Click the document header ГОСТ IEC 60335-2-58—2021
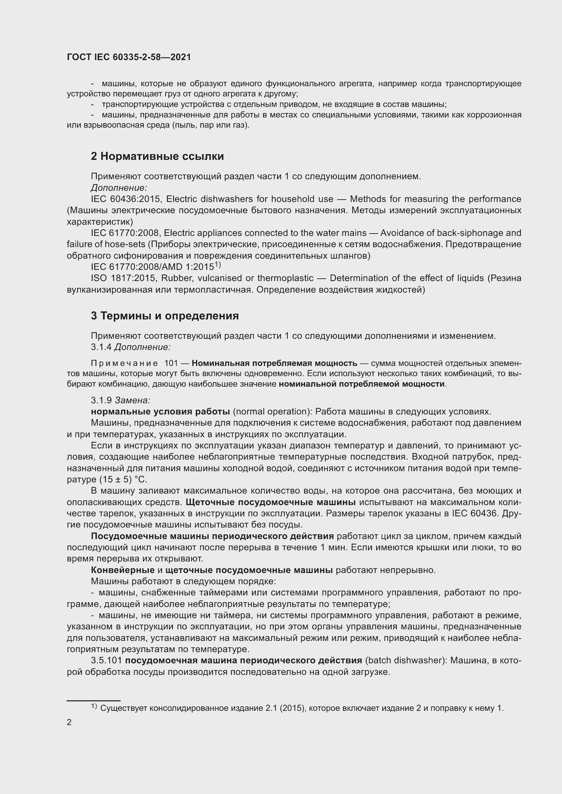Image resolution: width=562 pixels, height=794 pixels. tap(129, 57)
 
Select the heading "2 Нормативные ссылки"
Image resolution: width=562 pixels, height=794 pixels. tap(157, 156)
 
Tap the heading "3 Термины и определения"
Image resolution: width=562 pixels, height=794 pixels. tap(165, 316)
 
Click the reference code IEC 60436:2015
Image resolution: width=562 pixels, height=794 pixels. tap(125, 199)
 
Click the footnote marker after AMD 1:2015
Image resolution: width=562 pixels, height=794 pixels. tap(217, 265)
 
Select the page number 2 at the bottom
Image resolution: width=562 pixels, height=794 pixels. tap(69, 722)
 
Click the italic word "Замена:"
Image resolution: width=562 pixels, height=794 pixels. tap(133, 400)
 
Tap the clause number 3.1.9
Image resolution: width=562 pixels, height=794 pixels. tap(101, 400)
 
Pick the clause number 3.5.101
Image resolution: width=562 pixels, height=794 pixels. tap(107, 661)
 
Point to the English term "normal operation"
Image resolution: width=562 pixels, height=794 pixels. tap(269, 411)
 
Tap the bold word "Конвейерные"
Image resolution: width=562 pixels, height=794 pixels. tap(123, 570)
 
